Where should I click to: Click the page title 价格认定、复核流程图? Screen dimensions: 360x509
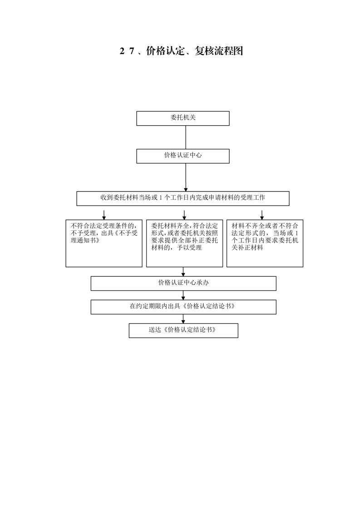coord(194,51)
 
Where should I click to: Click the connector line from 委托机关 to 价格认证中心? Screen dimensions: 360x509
coord(186,137)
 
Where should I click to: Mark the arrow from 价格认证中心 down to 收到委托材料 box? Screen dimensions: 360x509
coord(186,177)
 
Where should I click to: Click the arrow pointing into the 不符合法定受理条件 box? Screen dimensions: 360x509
coord(104,215)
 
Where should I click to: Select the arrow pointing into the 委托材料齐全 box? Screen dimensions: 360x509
coord(184,215)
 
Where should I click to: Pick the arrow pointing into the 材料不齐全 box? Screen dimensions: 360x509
coord(262,215)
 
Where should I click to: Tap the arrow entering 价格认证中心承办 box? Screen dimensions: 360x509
coord(183,272)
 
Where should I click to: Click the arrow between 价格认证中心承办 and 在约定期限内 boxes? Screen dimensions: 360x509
coord(183,295)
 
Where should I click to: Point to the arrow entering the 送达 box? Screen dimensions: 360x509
coord(183,319)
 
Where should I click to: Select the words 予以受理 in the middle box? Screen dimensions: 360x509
coord(189,248)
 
